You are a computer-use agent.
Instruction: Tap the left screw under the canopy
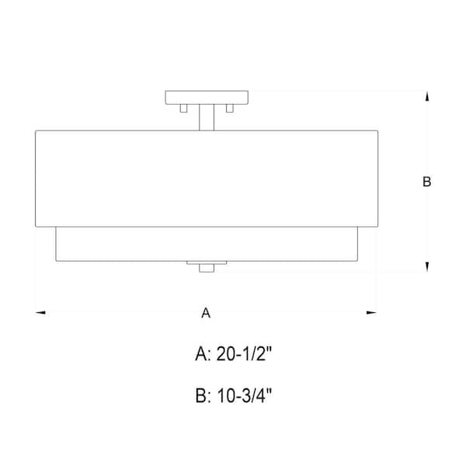point(183,110)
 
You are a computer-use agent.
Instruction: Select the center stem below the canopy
point(206,117)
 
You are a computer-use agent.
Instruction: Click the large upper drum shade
point(206,179)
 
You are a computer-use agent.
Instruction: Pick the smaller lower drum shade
point(206,244)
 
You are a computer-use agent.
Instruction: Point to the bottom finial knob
point(206,269)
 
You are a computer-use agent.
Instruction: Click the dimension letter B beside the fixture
point(426,182)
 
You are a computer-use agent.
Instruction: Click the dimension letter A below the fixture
point(206,313)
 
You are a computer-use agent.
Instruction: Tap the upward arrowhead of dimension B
point(426,96)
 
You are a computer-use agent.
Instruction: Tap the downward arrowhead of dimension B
point(426,267)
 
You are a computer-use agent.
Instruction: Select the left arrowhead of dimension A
point(41,313)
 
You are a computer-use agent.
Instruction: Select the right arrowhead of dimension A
point(371,313)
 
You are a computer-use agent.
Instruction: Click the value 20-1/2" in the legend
point(242,355)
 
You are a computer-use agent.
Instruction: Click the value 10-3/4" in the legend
point(243,397)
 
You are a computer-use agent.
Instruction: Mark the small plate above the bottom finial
point(206,263)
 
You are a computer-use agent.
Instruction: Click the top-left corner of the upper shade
point(36,131)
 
